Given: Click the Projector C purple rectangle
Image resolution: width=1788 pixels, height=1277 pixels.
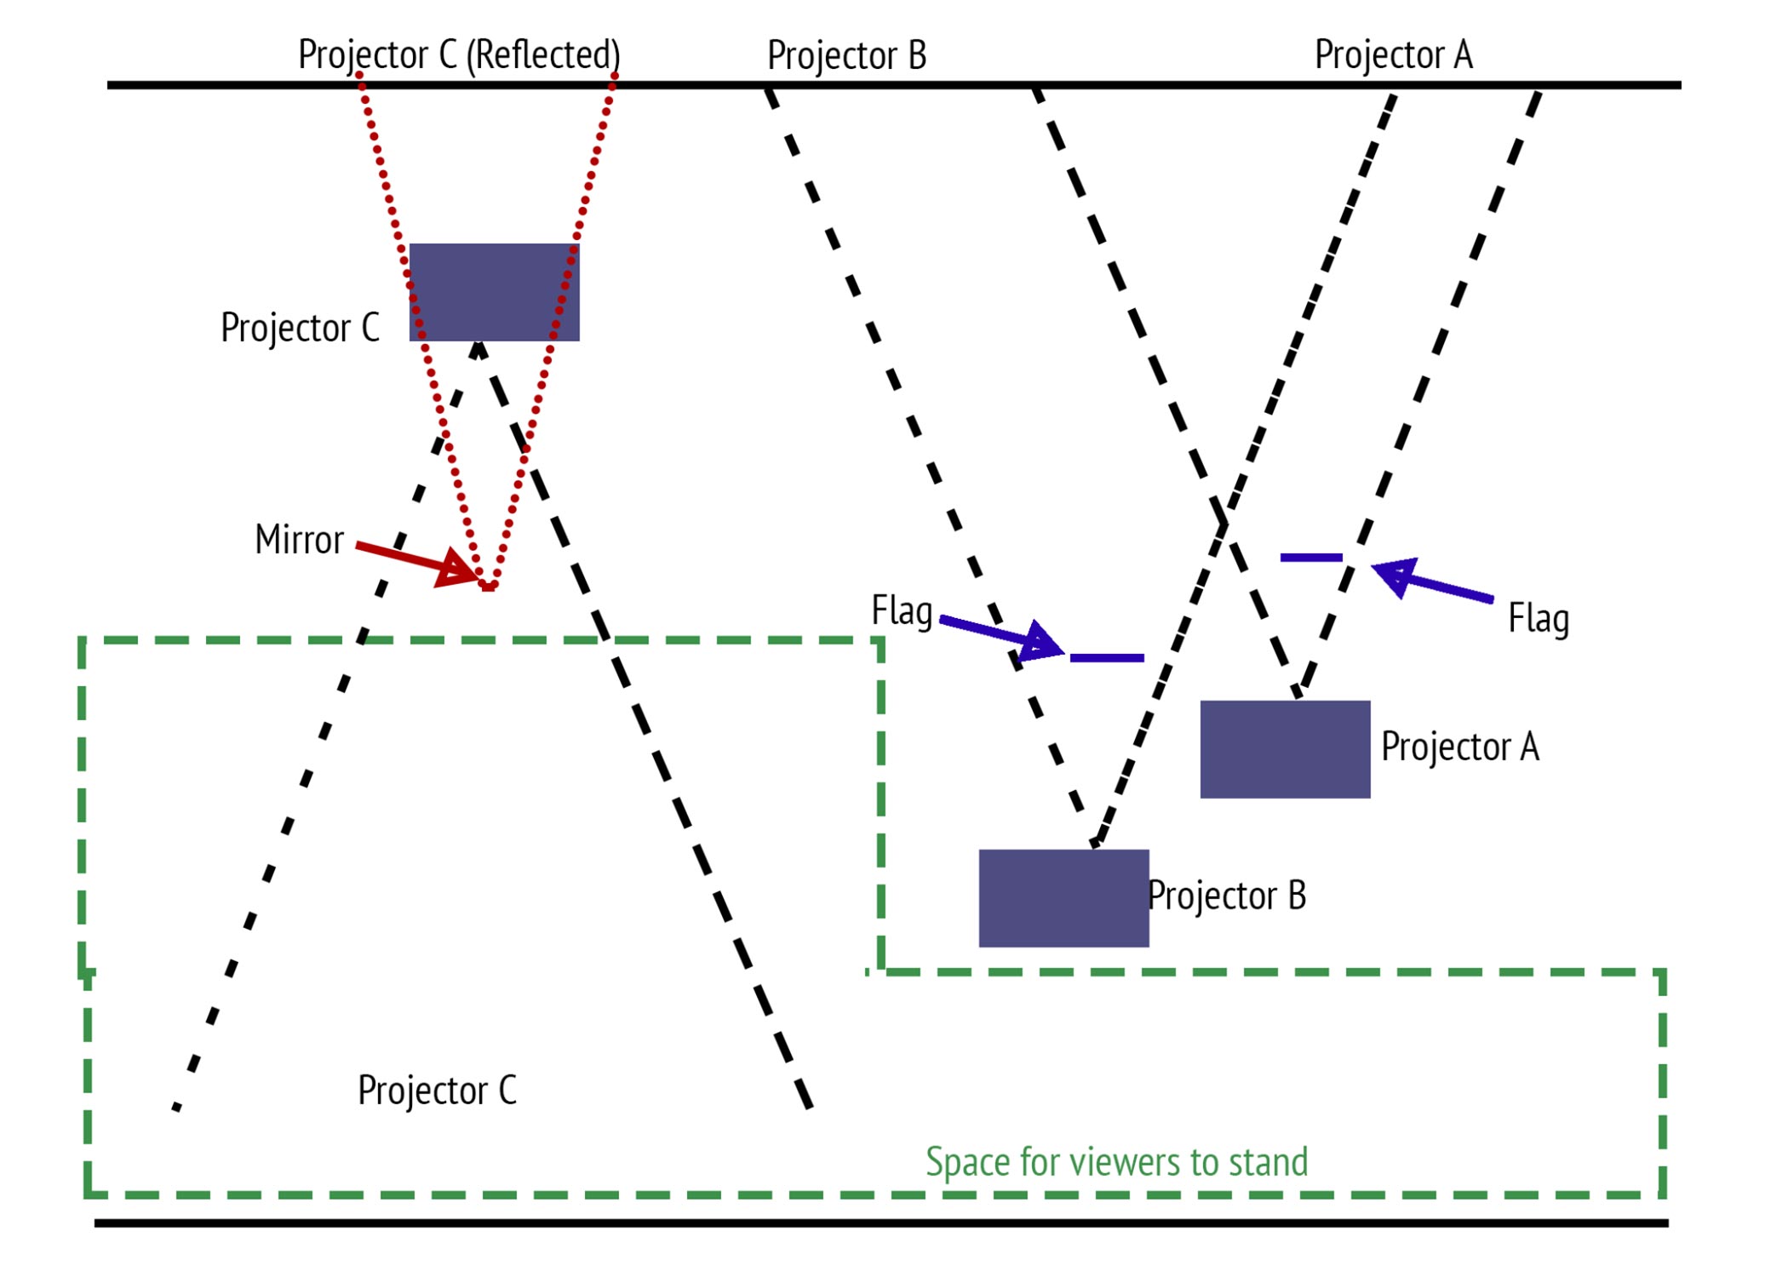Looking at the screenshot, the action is (494, 292).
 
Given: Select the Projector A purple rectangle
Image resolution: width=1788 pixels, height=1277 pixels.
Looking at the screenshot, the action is (1285, 749).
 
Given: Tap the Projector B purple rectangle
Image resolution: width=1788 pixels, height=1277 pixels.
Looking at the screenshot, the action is (1063, 898).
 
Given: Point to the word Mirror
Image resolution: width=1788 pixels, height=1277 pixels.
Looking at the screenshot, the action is (299, 540).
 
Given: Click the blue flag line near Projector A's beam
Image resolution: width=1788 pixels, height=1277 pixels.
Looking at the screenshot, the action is (1311, 558).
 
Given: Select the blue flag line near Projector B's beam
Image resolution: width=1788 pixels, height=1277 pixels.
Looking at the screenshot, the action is (1107, 658).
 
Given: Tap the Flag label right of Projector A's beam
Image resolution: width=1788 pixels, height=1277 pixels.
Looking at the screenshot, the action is (1539, 619).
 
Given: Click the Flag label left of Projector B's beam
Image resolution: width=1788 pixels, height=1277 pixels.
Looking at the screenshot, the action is (902, 611).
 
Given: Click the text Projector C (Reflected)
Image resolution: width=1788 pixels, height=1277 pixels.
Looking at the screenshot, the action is (459, 55).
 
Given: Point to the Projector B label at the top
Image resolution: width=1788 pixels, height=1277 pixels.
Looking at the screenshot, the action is (846, 56).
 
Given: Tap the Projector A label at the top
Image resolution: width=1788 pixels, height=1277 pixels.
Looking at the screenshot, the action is (1394, 55).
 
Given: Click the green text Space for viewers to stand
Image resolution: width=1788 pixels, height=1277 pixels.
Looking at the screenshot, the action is (1117, 1162).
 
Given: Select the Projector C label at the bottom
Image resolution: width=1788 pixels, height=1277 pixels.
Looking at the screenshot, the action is (437, 1091).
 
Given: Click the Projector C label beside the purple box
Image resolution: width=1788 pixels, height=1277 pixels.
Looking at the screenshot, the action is (300, 328).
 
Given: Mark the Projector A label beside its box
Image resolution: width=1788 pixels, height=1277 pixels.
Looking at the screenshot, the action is (1460, 747).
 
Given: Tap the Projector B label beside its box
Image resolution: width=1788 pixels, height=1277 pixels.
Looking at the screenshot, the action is (1227, 896).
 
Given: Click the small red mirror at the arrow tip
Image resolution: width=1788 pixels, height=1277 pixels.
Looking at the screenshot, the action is (488, 587).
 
